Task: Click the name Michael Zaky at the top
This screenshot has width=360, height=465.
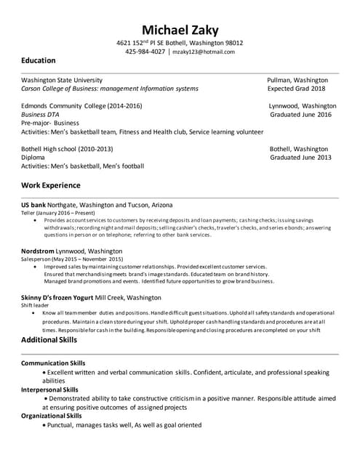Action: (x=180, y=30)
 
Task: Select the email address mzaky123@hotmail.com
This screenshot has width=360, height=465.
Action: (x=204, y=52)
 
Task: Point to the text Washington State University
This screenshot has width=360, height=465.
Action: (x=62, y=80)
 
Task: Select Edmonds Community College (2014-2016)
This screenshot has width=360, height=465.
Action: (x=81, y=106)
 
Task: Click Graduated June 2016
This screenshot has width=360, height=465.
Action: (x=300, y=115)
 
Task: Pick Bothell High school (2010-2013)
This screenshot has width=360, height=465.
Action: (x=67, y=149)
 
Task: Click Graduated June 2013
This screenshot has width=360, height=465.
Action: (x=300, y=157)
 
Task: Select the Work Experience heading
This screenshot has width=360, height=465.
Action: (x=50, y=185)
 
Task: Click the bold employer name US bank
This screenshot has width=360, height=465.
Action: (x=33, y=205)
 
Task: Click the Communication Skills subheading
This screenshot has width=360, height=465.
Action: (x=53, y=363)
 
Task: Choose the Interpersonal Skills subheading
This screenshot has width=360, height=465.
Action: (x=50, y=389)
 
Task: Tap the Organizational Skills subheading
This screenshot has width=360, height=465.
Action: (x=52, y=416)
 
